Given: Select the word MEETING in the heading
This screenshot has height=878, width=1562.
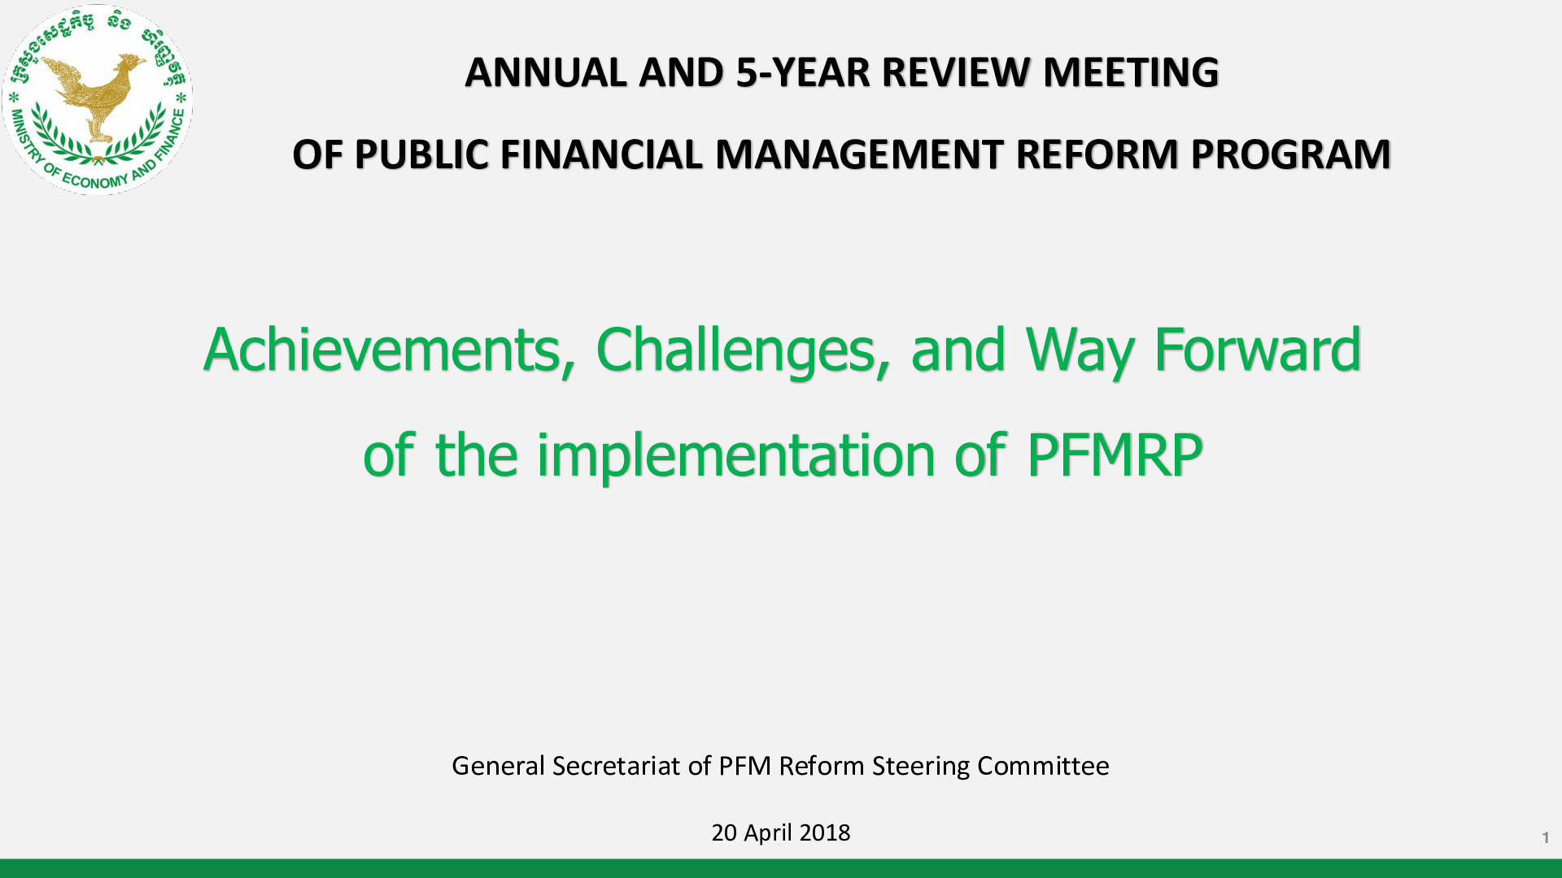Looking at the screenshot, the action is [x=1131, y=72].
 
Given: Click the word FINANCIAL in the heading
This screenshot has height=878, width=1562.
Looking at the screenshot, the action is [x=600, y=154].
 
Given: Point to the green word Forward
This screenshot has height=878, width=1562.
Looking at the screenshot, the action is [x=1258, y=350].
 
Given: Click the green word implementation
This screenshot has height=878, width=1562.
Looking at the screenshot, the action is [x=735, y=455].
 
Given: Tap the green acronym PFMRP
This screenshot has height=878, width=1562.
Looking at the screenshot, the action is [x=1115, y=455].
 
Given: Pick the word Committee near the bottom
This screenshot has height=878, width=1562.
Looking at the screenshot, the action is [x=1043, y=766].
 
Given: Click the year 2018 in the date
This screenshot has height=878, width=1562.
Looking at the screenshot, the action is [x=825, y=832].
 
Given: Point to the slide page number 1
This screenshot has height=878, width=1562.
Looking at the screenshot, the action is [x=1545, y=837].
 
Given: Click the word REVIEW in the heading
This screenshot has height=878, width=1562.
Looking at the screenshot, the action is [x=957, y=72].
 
